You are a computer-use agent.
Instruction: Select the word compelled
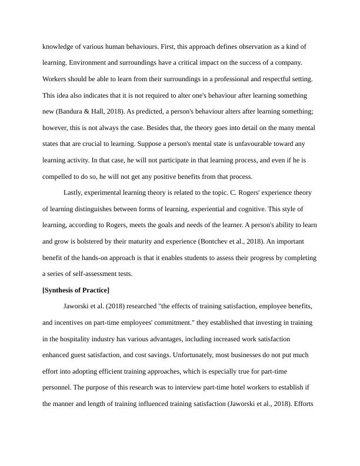60,177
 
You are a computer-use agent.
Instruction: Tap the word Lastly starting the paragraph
75,192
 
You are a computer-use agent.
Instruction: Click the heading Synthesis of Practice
76,290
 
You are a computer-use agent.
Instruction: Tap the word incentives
71,323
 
